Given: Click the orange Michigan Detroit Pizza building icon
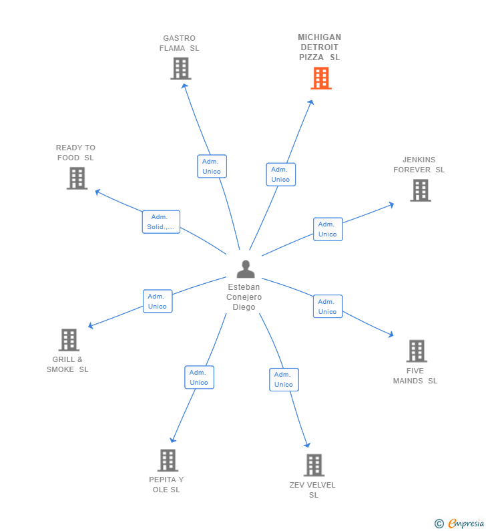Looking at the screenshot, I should pyautogui.click(x=321, y=78).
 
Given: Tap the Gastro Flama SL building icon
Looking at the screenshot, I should pyautogui.click(x=180, y=68).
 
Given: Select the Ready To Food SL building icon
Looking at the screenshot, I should pyautogui.click(x=77, y=178).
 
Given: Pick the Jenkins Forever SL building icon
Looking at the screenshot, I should pyautogui.click(x=420, y=190).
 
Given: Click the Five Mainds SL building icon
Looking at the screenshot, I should pyautogui.click(x=416, y=351).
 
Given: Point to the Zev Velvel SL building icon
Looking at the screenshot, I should pyautogui.click(x=314, y=465).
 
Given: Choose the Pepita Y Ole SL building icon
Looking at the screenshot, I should pyautogui.click(x=168, y=460).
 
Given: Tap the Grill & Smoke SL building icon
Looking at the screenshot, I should pyautogui.click(x=69, y=340).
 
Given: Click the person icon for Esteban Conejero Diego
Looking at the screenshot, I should pyautogui.click(x=246, y=269).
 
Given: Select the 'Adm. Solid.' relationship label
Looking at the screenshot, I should pyautogui.click(x=161, y=222).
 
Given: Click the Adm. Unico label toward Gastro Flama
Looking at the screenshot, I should pyautogui.click(x=212, y=166).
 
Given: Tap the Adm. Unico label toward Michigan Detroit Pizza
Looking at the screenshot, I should pyautogui.click(x=280, y=174).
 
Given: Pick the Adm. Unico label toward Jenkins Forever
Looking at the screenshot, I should pyautogui.click(x=328, y=229).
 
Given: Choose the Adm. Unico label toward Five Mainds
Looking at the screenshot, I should pyautogui.click(x=328, y=307).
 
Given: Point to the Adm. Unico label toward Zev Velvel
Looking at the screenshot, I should pyautogui.click(x=284, y=379).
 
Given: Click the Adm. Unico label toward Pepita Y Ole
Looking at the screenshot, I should pyautogui.click(x=199, y=377).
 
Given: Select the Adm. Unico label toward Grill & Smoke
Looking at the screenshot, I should pyautogui.click(x=158, y=301).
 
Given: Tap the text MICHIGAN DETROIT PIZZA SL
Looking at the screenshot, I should pyautogui.click(x=319, y=47).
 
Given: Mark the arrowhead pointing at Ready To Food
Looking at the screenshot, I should pyautogui.click(x=97, y=192).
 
